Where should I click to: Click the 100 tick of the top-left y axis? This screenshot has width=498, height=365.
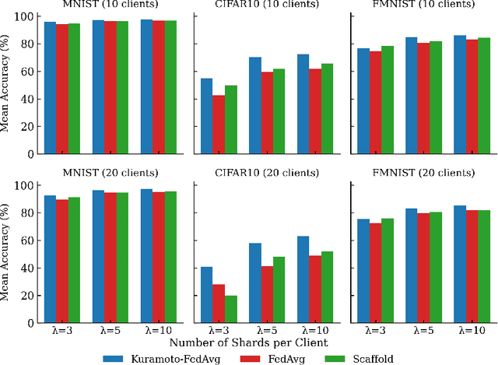[x=26, y=16]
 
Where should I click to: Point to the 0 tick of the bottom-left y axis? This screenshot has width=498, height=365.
[x=32, y=323]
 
